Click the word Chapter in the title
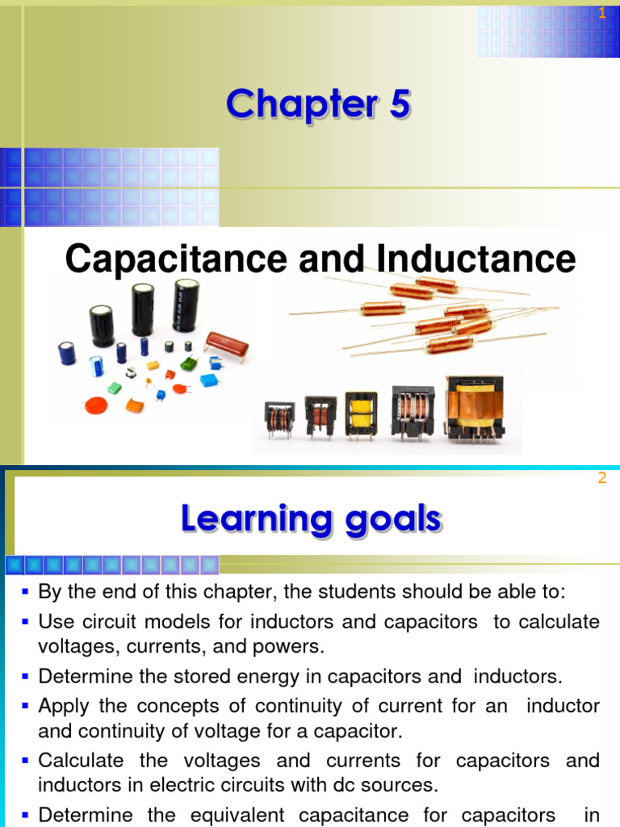point(288,105)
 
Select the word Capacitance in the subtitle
point(175,259)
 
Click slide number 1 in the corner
point(601,13)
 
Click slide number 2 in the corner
point(601,478)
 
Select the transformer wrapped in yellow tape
point(361,414)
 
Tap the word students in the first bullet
point(360,592)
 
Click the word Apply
point(64,706)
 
